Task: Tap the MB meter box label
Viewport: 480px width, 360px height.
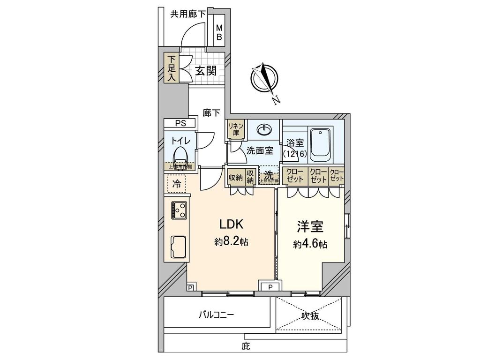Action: pyautogui.click(x=219, y=33)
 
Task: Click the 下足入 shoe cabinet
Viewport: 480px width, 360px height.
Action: pyautogui.click(x=172, y=68)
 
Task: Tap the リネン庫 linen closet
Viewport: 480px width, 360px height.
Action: pyautogui.click(x=234, y=129)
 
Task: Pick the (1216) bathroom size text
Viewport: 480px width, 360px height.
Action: pyautogui.click(x=294, y=154)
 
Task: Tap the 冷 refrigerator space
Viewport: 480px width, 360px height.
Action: pyautogui.click(x=176, y=183)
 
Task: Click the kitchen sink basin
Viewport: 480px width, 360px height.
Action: pyautogui.click(x=180, y=245)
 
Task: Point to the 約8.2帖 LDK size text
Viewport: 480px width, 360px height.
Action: pyautogui.click(x=231, y=242)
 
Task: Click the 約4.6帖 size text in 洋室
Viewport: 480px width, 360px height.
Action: pyautogui.click(x=310, y=244)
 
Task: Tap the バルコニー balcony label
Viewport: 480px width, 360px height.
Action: pyautogui.click(x=217, y=315)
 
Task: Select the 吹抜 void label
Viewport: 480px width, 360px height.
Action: pyautogui.click(x=310, y=316)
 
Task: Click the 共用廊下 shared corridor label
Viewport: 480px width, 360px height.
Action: pyautogui.click(x=187, y=14)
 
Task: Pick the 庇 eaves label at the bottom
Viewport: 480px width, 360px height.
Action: pyautogui.click(x=246, y=347)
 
